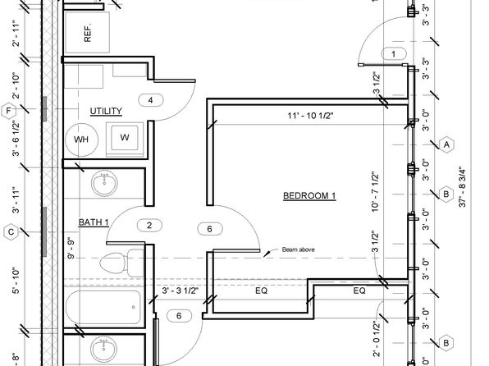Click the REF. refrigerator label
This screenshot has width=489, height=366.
88,32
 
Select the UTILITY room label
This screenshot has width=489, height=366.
106,111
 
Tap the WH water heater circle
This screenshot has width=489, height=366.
81,140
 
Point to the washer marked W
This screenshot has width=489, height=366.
125,138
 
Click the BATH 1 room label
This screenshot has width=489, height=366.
94,222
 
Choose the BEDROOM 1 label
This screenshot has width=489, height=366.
309,196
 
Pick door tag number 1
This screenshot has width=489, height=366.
394,54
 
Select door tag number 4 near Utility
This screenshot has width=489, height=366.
151,100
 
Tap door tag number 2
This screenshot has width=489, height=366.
149,226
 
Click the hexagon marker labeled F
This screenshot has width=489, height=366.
8,111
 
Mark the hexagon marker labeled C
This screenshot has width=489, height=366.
11,232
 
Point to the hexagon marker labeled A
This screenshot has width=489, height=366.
446,144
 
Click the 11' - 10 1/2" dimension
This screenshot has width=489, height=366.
310,116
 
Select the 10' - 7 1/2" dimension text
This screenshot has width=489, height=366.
375,191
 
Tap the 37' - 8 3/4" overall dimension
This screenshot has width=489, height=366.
462,188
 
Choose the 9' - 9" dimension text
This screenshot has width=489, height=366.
71,249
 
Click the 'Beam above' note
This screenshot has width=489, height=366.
298,249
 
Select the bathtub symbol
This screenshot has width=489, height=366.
103,308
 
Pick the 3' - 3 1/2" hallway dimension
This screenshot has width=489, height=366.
181,291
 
